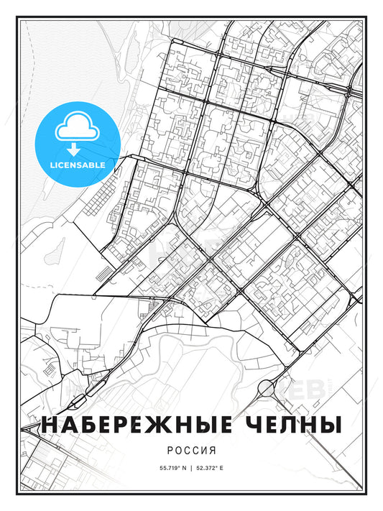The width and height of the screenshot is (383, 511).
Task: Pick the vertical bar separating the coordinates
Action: pyautogui.click(x=191, y=468)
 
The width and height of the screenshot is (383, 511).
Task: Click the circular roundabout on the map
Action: pyautogui.click(x=267, y=389)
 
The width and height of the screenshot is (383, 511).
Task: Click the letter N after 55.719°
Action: pyautogui.click(x=183, y=468)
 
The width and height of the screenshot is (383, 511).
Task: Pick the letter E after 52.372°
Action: pyautogui.click(x=223, y=468)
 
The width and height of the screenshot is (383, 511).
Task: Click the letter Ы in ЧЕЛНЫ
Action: pyautogui.click(x=328, y=425)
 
